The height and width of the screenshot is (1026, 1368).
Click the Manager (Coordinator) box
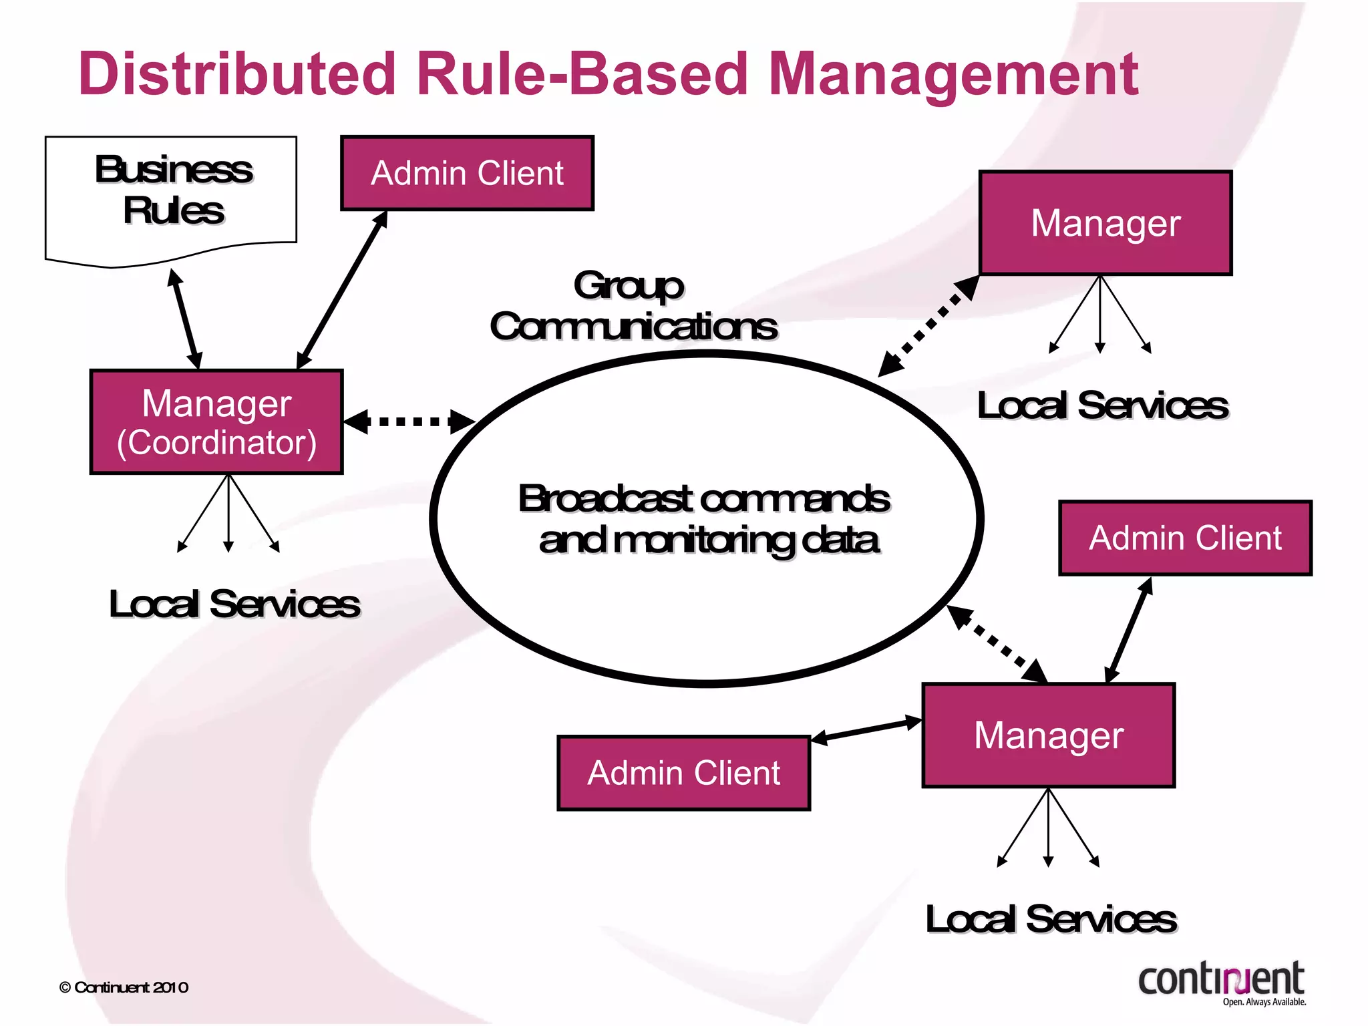216,422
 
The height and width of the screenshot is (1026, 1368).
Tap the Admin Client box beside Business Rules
467,174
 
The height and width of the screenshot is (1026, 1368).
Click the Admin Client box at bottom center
683,774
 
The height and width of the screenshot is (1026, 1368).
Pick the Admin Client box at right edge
1185,538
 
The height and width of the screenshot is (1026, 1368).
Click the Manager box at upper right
1105,223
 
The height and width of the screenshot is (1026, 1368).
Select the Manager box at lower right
1048,735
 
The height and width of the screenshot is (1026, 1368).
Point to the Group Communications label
633,307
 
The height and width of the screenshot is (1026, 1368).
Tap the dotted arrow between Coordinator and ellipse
409,421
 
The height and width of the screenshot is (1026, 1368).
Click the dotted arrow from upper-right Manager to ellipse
928,326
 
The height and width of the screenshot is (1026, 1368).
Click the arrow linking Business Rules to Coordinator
184,319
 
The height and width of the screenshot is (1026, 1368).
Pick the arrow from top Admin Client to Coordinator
342,290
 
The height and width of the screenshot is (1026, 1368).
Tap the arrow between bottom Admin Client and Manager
866,730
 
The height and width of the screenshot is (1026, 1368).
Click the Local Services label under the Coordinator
234,605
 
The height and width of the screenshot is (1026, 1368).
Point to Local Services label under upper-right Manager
1102,406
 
